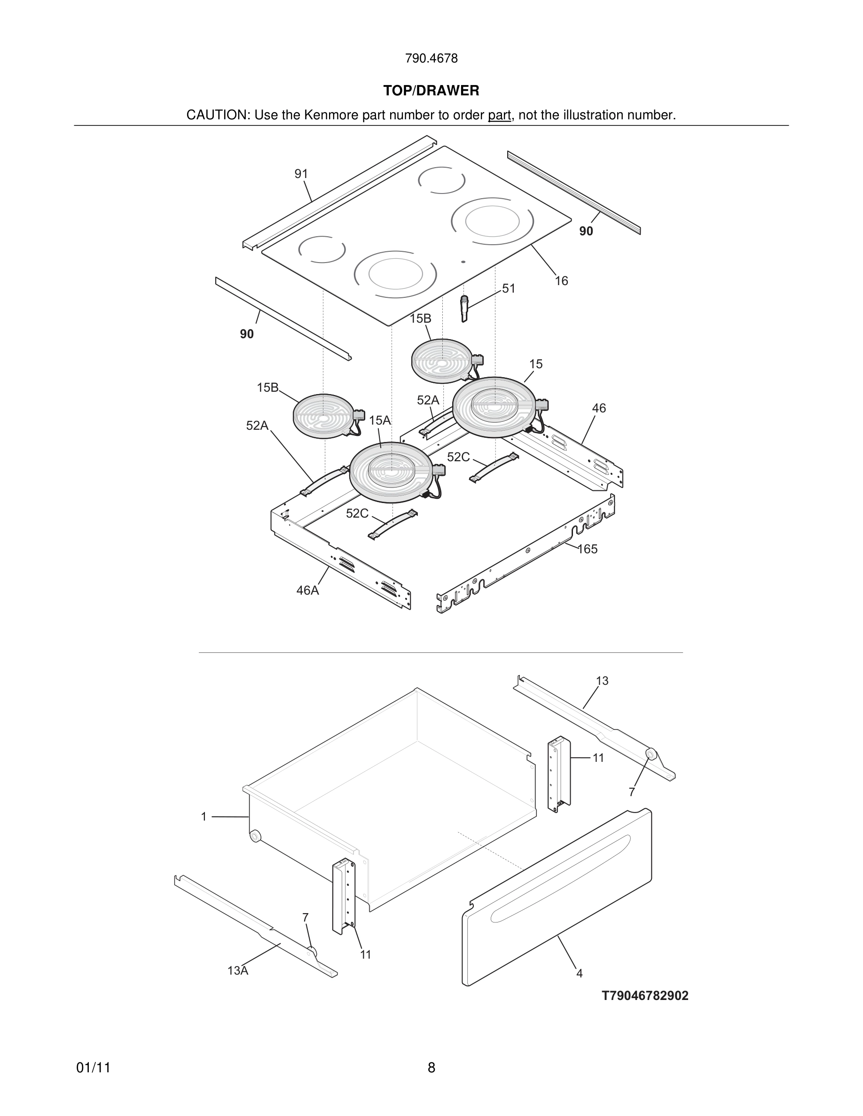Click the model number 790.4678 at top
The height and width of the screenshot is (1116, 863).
[431, 59]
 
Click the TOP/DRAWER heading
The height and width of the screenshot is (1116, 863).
[431, 91]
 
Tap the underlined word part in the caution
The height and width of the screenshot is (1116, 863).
[499, 116]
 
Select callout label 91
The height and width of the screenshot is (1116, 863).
[301, 174]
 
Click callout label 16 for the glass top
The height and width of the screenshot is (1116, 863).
[561, 281]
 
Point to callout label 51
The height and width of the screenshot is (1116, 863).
[509, 289]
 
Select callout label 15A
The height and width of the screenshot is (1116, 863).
[379, 420]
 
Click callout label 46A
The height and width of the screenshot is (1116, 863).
[307, 591]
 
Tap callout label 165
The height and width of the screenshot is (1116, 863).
[588, 550]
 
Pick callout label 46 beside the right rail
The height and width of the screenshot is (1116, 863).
[599, 408]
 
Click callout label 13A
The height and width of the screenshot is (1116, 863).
[238, 971]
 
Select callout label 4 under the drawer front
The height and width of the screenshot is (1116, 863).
[579, 973]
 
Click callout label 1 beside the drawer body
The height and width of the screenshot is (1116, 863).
[204, 817]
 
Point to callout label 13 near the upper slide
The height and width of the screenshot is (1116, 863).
[602, 681]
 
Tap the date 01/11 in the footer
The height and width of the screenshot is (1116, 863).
[94, 1068]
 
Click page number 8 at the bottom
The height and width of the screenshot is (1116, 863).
[431, 1068]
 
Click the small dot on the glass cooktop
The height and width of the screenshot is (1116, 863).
[463, 262]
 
